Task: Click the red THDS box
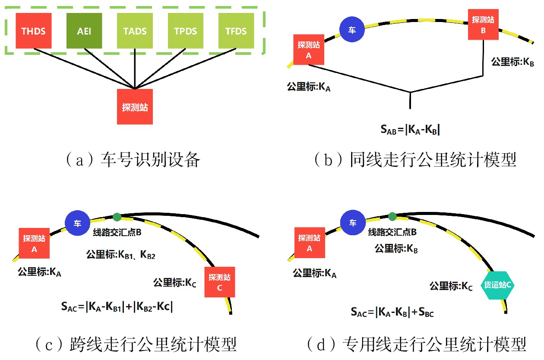tap(34, 31)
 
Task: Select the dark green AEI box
tap(85, 31)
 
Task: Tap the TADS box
tap(135, 31)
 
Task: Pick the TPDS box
tap(186, 31)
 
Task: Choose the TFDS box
tap(236, 31)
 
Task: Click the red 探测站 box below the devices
tap(135, 107)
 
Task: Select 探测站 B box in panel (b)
tap(483, 25)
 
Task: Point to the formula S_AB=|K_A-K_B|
tap(410, 129)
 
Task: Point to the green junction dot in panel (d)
tap(392, 216)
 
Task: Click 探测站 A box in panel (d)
tap(309, 243)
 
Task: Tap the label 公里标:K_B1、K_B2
tap(121, 255)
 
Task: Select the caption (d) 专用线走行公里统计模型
tap(416, 345)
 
